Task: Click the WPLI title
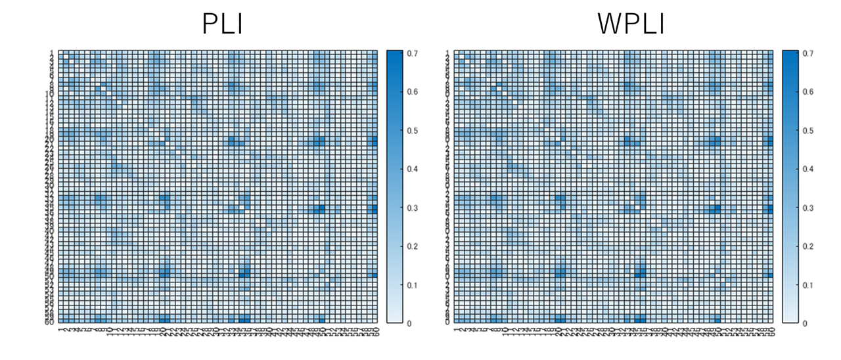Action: (630, 24)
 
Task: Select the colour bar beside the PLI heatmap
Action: (395, 187)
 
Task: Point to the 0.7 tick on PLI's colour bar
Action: (413, 53)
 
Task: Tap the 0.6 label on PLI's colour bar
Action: (413, 92)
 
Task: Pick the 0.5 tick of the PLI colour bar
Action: (413, 131)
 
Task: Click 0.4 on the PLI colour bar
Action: (413, 169)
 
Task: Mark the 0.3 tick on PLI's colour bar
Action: (413, 208)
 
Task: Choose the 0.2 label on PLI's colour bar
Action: (413, 246)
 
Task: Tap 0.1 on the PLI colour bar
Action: (413, 285)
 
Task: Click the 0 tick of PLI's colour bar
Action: (409, 323)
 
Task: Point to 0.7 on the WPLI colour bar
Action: (809, 53)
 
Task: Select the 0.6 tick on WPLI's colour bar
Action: (809, 92)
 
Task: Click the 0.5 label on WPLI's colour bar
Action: (809, 131)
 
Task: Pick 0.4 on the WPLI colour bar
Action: (809, 169)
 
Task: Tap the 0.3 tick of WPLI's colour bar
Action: (809, 208)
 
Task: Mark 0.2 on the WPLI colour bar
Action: (809, 246)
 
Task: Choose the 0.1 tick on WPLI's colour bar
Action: (809, 285)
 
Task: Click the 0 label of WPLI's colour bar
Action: (806, 323)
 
